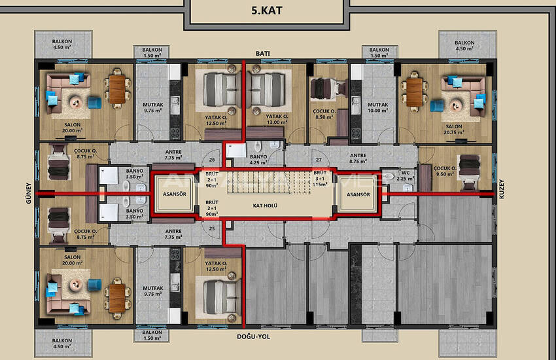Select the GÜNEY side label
tap(29, 194)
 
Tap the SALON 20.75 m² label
tap(454, 130)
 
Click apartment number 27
tap(319, 159)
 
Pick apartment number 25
tap(212, 228)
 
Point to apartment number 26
tap(212, 159)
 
